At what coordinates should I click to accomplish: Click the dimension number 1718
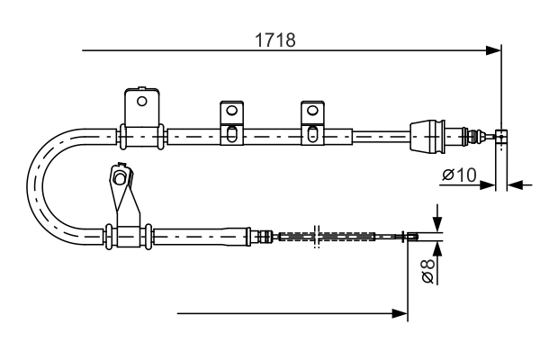[276, 40]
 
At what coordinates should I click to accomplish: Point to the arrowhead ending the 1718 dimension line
[493, 50]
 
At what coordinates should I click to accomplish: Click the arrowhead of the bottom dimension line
[400, 314]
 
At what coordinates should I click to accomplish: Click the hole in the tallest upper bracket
[142, 101]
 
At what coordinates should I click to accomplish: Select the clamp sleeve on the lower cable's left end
[129, 237]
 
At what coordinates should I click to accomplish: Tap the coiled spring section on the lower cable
[324, 237]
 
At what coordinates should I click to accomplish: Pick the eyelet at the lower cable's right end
[411, 238]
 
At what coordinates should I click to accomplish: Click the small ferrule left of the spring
[265, 237]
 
